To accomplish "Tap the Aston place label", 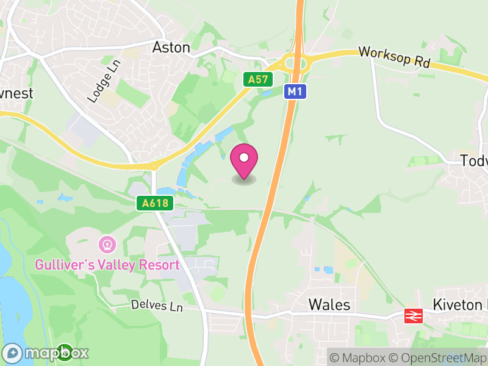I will click(x=171, y=47).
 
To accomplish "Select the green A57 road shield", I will click(x=257, y=79).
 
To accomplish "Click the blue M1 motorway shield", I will click(x=295, y=91).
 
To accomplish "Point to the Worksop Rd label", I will click(x=395, y=57).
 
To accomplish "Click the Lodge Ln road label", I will click(x=101, y=83).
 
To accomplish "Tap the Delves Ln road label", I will click(x=157, y=306).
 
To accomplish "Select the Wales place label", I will click(x=329, y=304).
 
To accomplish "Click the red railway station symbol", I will click(x=413, y=316).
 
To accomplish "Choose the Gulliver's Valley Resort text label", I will click(x=107, y=265).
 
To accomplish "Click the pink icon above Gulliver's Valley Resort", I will click(x=107, y=245).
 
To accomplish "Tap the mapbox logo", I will click(x=46, y=353).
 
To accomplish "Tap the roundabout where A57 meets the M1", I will click(x=295, y=63).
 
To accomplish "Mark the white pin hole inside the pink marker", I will click(x=244, y=158).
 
